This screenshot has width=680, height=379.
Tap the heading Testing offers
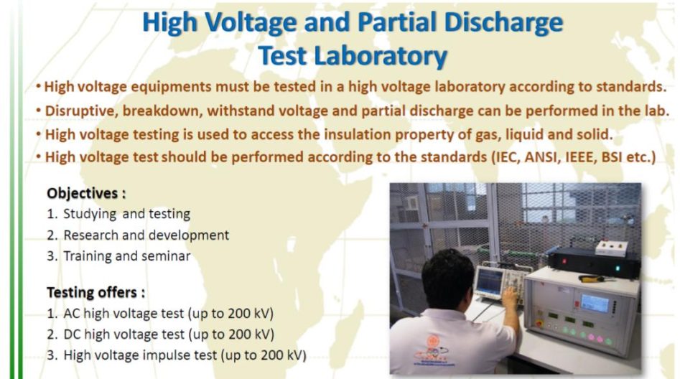pyautogui.click(x=96, y=292)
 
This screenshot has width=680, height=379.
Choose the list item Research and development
pyautogui.click(x=146, y=235)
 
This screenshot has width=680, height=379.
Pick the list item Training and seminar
pyautogui.click(x=126, y=256)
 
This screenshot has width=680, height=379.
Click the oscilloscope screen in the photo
pyautogui.click(x=490, y=281)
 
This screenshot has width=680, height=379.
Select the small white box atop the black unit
pyautogui.click(x=610, y=248)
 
